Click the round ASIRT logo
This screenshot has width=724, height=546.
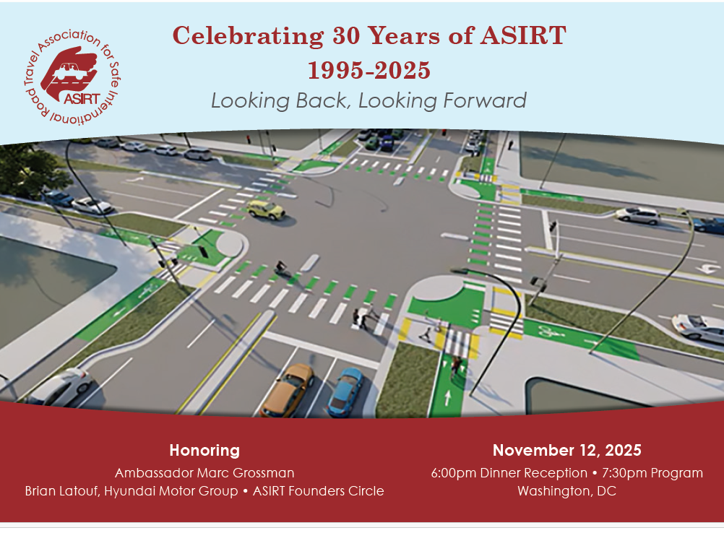[72, 77]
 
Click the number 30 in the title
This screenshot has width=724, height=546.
[346, 35]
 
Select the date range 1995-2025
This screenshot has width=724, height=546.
[369, 70]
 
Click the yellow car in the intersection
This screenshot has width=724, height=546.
[265, 209]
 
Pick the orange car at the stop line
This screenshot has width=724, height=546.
[287, 390]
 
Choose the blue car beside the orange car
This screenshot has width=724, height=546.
[345, 391]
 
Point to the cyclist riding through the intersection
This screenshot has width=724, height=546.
[281, 268]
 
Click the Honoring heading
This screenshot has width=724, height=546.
[204, 451]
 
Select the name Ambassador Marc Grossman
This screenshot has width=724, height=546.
[204, 473]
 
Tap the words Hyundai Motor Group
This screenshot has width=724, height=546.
[171, 491]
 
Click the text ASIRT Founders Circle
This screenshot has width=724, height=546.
[318, 491]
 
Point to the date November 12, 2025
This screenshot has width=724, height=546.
[567, 451]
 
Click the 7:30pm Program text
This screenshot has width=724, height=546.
[652, 473]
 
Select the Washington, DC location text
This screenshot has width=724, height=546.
[567, 491]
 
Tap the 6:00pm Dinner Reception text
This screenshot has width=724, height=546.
[509, 473]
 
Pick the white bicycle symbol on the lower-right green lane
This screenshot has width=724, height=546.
[551, 331]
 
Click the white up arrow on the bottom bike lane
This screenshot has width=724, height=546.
[447, 397]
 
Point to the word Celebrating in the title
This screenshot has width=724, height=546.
[248, 36]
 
